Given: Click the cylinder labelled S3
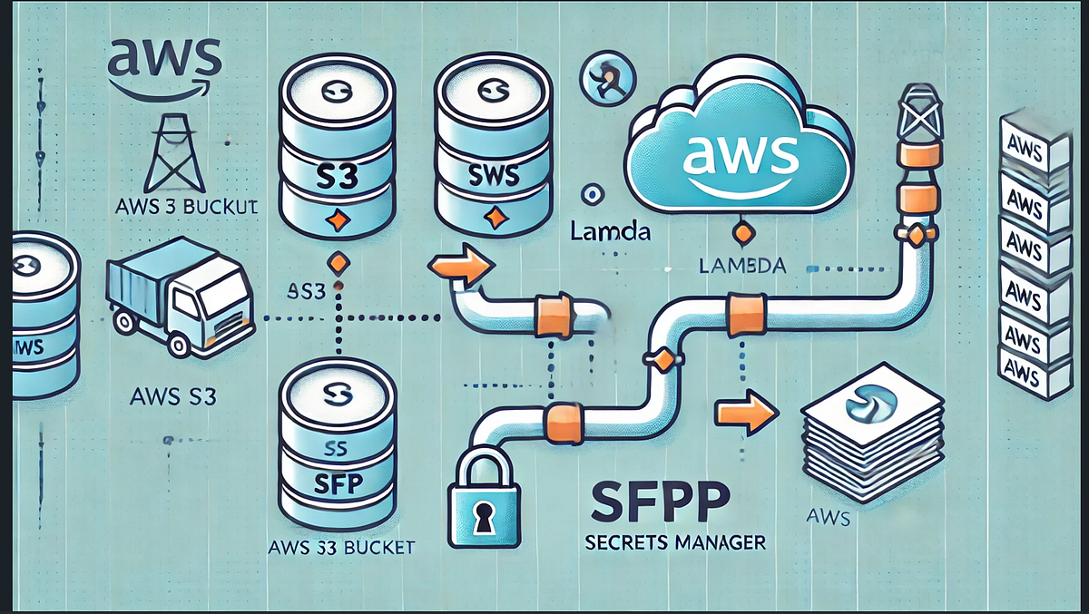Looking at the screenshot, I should (x=335, y=145).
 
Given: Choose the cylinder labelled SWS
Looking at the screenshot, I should (x=494, y=145).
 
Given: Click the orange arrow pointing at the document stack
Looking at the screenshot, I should (x=746, y=413).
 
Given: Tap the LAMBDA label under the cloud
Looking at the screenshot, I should (x=743, y=265).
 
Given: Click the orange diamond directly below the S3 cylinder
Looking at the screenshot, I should (x=338, y=264).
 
